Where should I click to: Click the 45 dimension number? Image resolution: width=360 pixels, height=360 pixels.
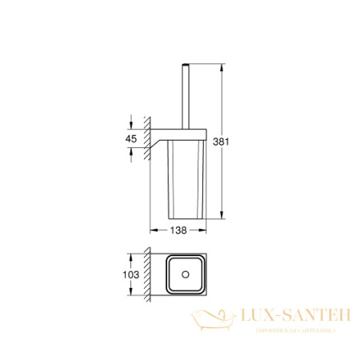pyautogui.click(x=131, y=139)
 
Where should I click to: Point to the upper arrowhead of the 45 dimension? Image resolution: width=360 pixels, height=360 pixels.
pyautogui.click(x=131, y=122)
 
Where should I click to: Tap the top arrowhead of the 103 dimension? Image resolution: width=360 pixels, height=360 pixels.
pyautogui.click(x=131, y=258)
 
